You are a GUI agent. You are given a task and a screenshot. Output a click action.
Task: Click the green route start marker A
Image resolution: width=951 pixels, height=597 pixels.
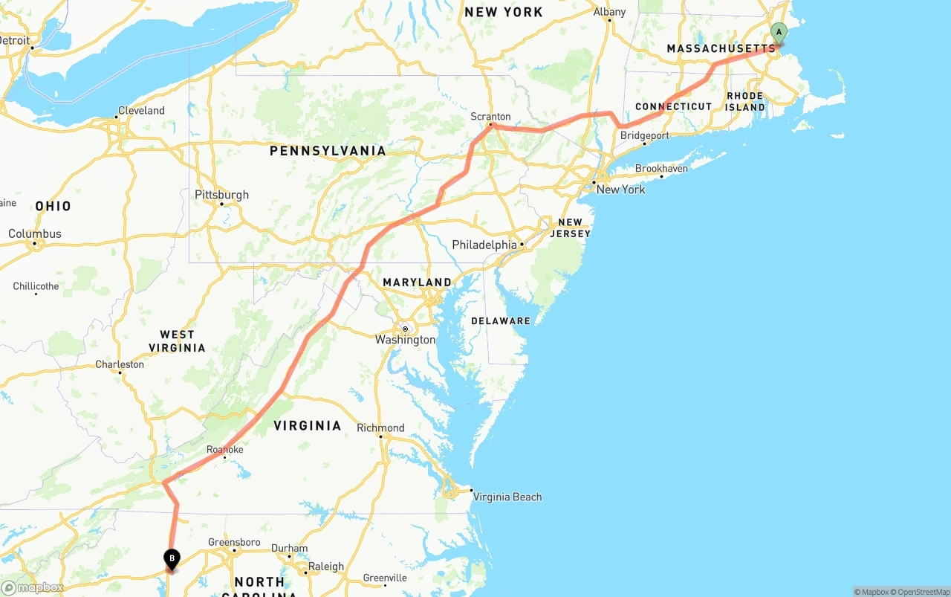(778, 33)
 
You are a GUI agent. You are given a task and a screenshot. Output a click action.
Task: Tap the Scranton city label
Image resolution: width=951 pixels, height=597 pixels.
(490, 117)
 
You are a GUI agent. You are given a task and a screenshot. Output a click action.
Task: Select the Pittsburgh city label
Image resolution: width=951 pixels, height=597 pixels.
(221, 195)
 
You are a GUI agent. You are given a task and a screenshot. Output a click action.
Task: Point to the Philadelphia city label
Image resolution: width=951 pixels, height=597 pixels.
(484, 245)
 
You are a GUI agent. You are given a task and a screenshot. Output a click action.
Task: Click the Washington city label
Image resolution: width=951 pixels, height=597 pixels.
(405, 340)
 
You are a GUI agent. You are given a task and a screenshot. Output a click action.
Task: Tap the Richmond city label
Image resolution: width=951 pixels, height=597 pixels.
(380, 427)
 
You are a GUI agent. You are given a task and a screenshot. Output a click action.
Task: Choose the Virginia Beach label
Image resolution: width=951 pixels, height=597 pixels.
(507, 497)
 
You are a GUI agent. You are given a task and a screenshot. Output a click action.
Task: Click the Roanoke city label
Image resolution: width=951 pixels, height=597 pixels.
(224, 450)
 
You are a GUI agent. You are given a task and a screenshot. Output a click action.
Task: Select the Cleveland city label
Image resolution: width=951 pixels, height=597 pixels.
(141, 111)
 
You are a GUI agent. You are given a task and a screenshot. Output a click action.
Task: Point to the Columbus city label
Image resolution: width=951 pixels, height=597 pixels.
(35, 233)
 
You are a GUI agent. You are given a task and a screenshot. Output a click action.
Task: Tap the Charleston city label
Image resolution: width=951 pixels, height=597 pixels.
(120, 364)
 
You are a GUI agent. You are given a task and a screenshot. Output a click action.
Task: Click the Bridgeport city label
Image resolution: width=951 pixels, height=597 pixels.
(645, 135)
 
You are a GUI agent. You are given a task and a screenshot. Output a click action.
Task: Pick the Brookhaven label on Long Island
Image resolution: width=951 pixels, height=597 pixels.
(661, 169)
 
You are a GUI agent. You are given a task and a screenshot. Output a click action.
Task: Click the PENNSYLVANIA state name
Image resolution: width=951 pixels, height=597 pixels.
(328, 151)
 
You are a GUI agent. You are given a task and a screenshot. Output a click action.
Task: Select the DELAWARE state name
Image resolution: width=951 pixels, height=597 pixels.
(501, 321)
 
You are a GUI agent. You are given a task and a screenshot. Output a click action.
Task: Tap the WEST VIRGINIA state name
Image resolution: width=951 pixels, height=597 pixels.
(177, 341)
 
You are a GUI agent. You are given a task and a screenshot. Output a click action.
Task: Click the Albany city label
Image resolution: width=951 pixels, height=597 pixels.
(609, 12)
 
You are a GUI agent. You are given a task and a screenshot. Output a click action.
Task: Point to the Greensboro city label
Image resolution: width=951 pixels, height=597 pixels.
(234, 542)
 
